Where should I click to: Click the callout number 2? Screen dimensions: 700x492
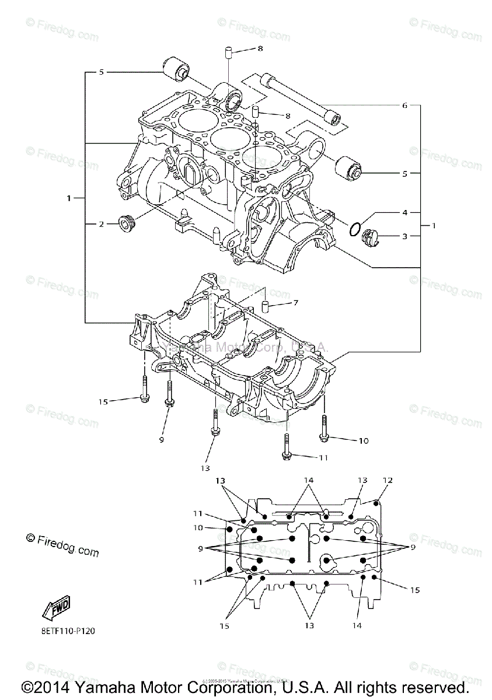100,223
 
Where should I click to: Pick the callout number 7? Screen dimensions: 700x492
295,303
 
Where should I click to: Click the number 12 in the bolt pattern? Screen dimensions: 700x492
388,481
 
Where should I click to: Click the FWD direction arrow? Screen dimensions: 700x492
56,609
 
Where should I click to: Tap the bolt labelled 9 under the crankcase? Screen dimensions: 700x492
170,394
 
